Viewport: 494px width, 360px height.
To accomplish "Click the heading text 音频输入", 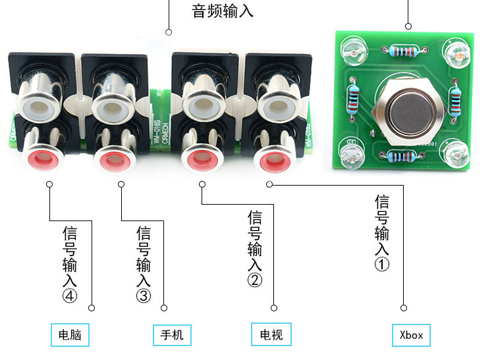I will coord(222,11).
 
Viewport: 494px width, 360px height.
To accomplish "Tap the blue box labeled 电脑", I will coord(70,335).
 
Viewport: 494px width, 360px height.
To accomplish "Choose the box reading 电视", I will coord(271,335).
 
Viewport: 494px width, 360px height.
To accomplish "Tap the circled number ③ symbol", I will coord(144,296).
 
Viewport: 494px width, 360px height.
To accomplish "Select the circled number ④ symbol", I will coord(70,296).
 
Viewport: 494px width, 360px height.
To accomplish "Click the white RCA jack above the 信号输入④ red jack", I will coord(40,103).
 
